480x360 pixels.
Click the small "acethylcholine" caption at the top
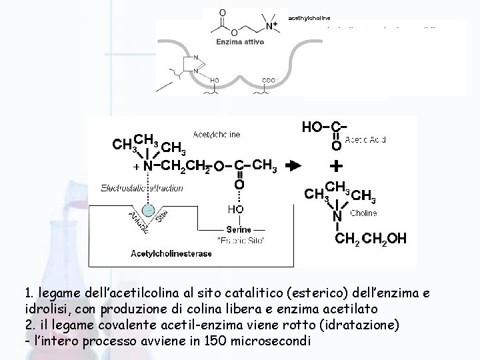click(309, 17)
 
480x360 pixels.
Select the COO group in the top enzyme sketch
click(268, 80)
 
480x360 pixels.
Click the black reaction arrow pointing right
click(292, 165)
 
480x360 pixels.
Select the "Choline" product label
click(364, 213)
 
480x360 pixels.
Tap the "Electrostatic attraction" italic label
click(142, 189)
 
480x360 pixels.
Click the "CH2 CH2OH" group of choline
click(369, 237)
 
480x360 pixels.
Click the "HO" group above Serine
click(235, 209)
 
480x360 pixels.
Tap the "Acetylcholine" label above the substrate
click(217, 135)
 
